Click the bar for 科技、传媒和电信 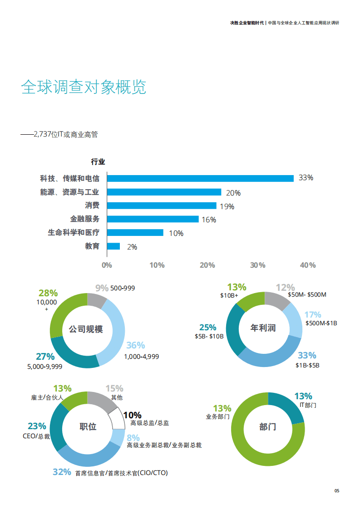tap(200, 178)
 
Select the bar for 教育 tap(113, 246)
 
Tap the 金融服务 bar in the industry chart tap(153, 219)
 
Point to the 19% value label tap(227, 206)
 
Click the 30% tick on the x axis tap(258, 265)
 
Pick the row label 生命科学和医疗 tap(74, 233)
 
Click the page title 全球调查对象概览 tap(84, 87)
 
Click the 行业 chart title tap(98, 162)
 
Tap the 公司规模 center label tap(86, 329)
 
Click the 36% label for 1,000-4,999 tap(135, 346)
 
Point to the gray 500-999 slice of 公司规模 tap(96, 300)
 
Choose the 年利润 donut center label tap(263, 328)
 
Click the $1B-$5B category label tap(308, 365)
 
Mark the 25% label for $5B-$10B tap(207, 328)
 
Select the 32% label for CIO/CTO tap(62, 472)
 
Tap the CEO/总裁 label tap(36, 436)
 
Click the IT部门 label tap(308, 405)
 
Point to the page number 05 tap(337, 490)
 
